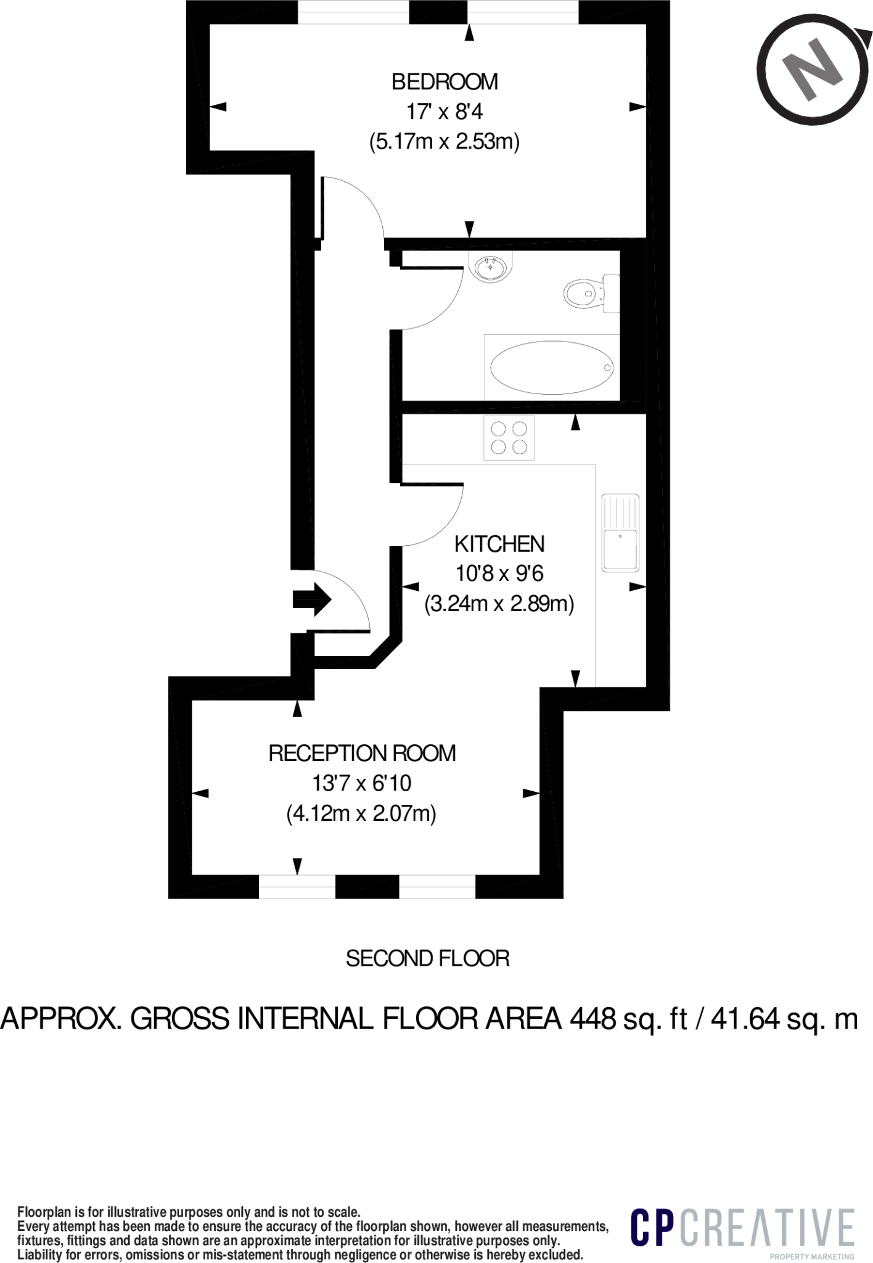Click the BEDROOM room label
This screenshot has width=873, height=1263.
445,81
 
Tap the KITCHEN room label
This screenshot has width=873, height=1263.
499,544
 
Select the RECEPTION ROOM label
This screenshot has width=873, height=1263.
362,753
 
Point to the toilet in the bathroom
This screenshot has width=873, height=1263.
591,293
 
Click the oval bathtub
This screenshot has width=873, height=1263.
552,368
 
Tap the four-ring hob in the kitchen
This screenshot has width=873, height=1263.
509,438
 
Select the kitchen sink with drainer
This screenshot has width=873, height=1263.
620,532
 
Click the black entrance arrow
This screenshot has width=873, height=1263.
312,599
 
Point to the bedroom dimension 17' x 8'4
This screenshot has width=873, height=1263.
445,112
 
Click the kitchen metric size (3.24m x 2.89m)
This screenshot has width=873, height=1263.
499,603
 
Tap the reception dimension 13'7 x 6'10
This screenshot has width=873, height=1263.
362,783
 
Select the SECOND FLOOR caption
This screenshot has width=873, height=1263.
427,958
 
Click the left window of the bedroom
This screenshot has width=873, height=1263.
353,12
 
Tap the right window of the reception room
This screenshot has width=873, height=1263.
437,886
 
